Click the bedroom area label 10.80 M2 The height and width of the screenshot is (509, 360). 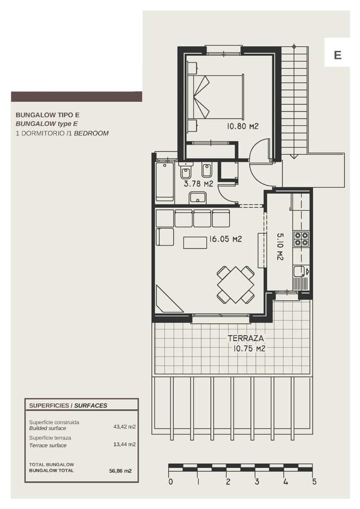click(243, 126)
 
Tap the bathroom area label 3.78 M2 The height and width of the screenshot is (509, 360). click(198, 184)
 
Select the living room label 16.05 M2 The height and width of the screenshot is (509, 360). click(225, 239)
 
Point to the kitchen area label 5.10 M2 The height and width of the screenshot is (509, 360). click(280, 246)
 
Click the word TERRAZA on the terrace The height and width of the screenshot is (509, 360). click(246, 338)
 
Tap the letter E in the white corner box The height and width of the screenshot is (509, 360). click(337, 55)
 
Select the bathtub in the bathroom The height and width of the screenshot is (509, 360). click(165, 180)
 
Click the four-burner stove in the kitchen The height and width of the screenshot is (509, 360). click(301, 239)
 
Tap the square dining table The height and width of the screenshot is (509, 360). click(236, 284)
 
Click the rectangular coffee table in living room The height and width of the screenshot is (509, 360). click(195, 242)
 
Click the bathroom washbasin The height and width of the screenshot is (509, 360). click(198, 197)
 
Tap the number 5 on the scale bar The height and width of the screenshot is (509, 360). click(314, 481)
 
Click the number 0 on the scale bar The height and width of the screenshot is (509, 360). click(170, 481)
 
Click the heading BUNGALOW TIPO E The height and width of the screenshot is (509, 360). click(48, 115)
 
